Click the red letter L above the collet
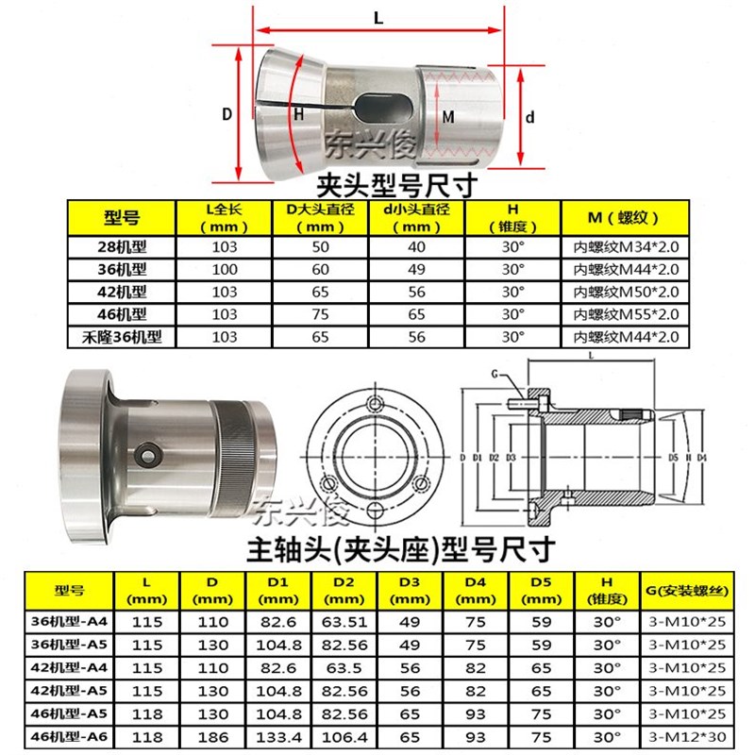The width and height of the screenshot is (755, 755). click(x=377, y=17)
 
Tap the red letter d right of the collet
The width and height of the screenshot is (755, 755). click(x=530, y=118)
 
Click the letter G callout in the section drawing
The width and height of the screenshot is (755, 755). click(x=495, y=376)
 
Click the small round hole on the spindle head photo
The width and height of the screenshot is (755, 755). click(x=146, y=455)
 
